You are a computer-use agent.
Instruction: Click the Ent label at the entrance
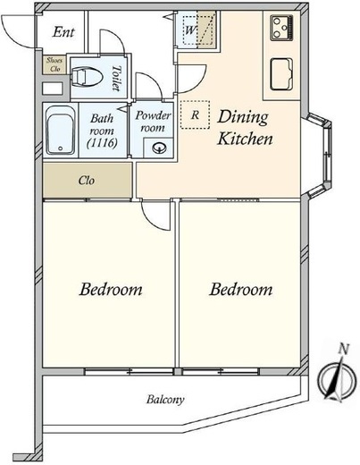click(63, 32)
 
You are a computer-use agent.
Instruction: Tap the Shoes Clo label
click(54, 64)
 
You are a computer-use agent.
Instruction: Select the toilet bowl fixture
click(87, 77)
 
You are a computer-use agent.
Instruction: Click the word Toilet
click(117, 78)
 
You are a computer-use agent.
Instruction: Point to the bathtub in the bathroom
click(61, 131)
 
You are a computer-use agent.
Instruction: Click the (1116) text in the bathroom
click(102, 143)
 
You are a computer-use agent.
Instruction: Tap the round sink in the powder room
click(158, 148)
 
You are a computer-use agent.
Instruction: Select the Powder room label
click(153, 122)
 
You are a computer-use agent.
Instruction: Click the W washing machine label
click(190, 30)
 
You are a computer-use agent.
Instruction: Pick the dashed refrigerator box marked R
click(195, 114)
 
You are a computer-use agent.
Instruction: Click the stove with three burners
click(281, 28)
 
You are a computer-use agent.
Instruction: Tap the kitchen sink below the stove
click(281, 74)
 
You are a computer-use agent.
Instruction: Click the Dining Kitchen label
click(245, 128)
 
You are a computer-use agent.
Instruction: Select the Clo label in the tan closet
click(87, 181)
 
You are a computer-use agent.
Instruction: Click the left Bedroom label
click(111, 290)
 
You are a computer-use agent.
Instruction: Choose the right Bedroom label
click(240, 290)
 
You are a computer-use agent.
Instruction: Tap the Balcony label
click(165, 400)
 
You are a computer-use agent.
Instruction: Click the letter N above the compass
click(344, 349)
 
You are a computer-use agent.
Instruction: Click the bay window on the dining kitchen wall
click(319, 155)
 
